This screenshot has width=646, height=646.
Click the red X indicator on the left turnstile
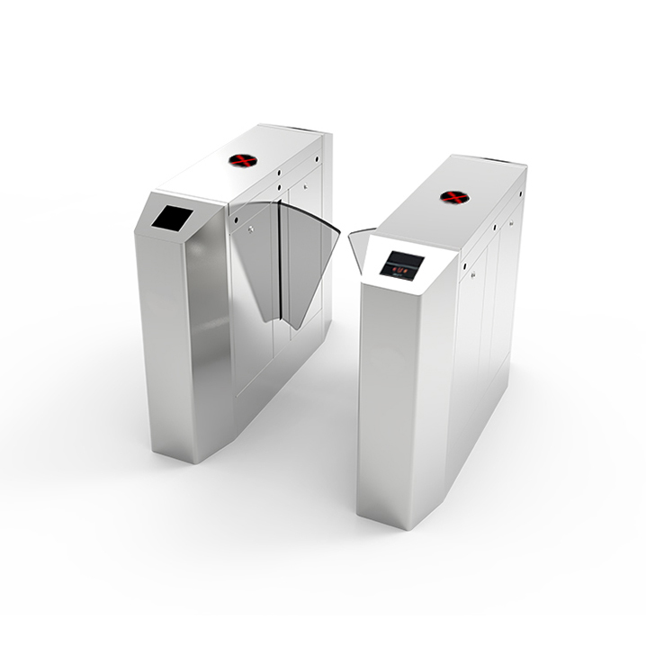242,161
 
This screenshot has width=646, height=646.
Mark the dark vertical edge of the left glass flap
283,270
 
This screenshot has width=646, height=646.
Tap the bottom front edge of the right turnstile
392,516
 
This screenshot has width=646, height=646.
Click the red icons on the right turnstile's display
400,266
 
